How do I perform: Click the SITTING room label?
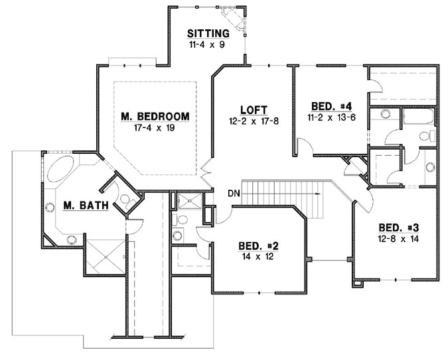pyautogui.click(x=208, y=33)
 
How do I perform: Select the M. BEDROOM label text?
pyautogui.click(x=155, y=116)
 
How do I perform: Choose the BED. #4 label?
pyautogui.click(x=326, y=106)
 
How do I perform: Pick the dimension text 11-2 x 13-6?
pyautogui.click(x=326, y=117)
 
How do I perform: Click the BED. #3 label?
pyautogui.click(x=395, y=225)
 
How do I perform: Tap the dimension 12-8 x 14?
pyautogui.click(x=395, y=237)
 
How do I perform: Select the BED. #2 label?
pyautogui.click(x=258, y=245)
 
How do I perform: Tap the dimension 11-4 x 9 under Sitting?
pyautogui.click(x=208, y=45)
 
